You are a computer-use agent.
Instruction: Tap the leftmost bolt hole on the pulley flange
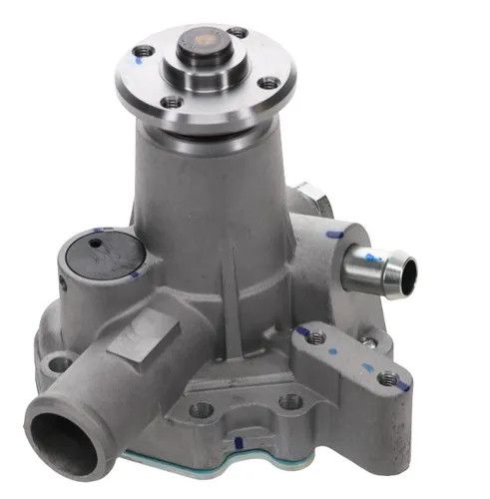click(x=146, y=50)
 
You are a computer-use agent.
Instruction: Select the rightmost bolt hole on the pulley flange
click(x=267, y=84)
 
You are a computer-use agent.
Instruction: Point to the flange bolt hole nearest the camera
click(x=174, y=101)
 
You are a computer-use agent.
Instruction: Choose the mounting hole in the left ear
click(x=57, y=364)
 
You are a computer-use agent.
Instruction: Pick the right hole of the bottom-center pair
click(x=289, y=401)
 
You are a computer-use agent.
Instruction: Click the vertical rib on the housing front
click(x=233, y=279)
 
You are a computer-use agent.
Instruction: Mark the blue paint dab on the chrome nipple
click(x=373, y=257)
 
